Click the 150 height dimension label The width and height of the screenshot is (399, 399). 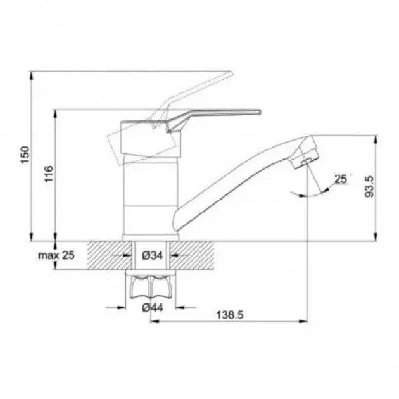pyautogui.click(x=25, y=155)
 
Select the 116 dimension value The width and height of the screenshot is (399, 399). pyautogui.click(x=49, y=174)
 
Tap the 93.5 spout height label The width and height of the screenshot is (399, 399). pyautogui.click(x=369, y=187)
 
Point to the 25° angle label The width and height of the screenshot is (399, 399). pyautogui.click(x=342, y=179)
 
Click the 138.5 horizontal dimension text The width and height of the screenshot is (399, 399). pyautogui.click(x=230, y=315)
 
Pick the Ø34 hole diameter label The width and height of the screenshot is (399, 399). pyautogui.click(x=152, y=255)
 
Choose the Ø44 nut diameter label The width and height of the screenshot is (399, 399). pyautogui.click(x=152, y=308)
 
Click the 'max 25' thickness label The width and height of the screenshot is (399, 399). pyautogui.click(x=56, y=255)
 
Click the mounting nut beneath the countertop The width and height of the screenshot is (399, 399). pyautogui.click(x=151, y=286)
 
